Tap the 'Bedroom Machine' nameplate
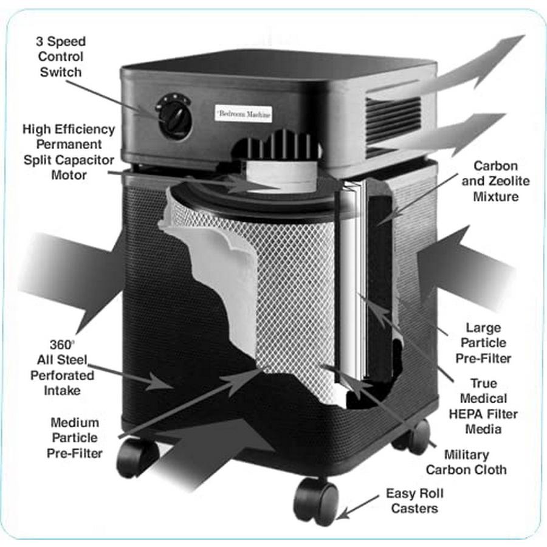[x=244, y=114]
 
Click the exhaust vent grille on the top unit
[x=393, y=119]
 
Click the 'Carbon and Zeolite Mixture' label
[x=495, y=181]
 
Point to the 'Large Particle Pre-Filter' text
[x=483, y=343]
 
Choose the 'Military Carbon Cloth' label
[x=466, y=462]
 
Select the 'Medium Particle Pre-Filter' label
[x=75, y=438]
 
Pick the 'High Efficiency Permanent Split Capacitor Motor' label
[x=68, y=152]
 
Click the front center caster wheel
[x=315, y=500]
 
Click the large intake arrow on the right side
[x=468, y=267]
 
